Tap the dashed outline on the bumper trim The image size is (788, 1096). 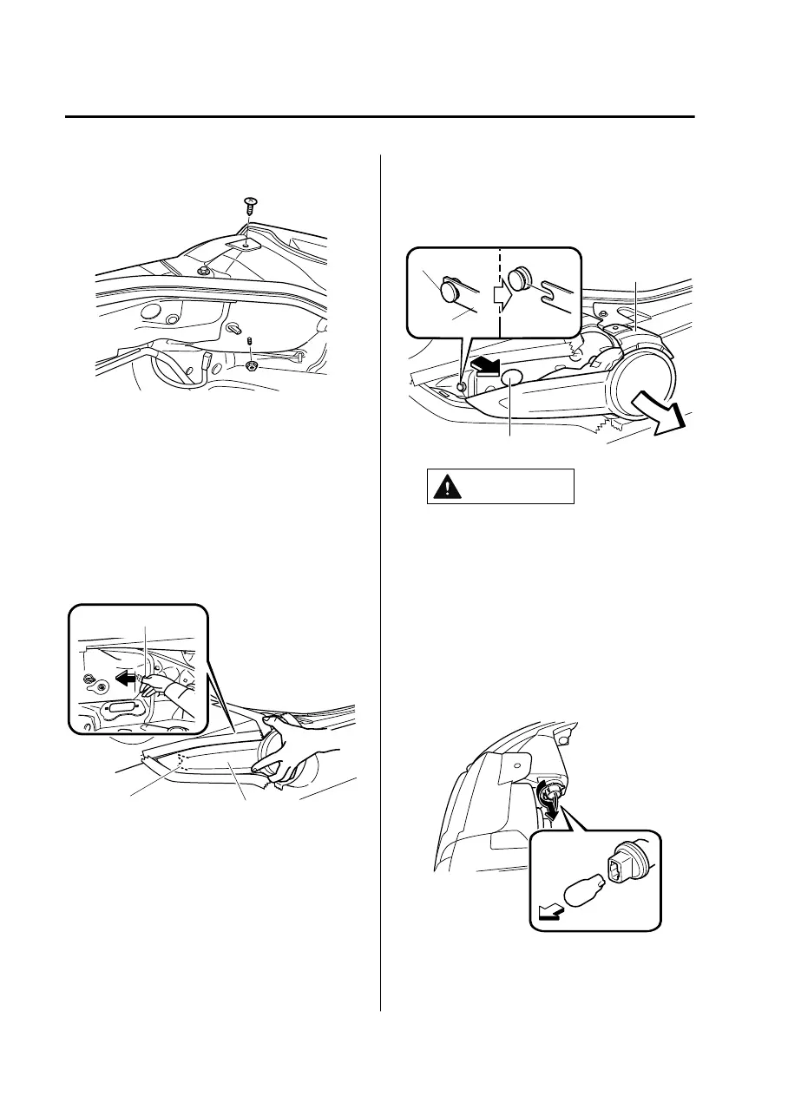181,761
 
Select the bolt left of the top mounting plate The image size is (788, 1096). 201,272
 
